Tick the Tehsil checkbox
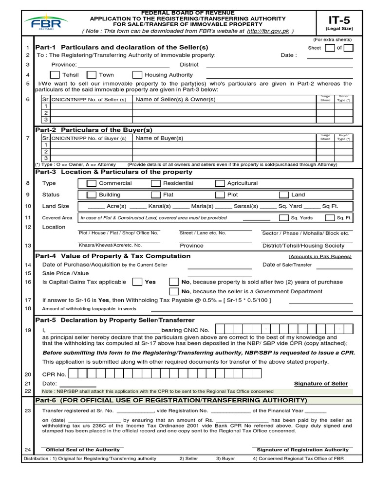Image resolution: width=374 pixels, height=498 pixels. point(55,75)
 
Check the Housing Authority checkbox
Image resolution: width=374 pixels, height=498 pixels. point(137,75)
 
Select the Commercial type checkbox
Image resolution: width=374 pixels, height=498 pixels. point(91,183)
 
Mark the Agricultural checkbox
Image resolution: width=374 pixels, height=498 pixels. point(220,183)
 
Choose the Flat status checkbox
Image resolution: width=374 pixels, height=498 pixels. point(156,195)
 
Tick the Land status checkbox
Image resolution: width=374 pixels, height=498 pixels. point(284,195)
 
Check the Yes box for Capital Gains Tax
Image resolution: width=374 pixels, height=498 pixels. point(137,282)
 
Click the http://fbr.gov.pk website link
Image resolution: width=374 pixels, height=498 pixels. point(268,31)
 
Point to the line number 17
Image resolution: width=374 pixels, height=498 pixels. point(28,300)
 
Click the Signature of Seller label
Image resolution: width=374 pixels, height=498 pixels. point(321,384)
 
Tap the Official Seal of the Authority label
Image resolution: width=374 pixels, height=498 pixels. point(82,450)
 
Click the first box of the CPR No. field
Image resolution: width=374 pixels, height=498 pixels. point(74,374)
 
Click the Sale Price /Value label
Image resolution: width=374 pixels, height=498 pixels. point(66,273)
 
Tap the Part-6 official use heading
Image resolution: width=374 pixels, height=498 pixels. point(171,400)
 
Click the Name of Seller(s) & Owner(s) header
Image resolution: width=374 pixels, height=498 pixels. point(175,99)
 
